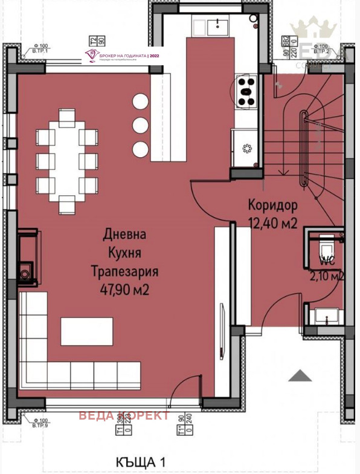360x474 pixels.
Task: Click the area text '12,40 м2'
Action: pos(273,222)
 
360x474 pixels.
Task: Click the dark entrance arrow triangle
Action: pos(300,376)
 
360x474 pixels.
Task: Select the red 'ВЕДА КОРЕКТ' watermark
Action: pos(124,416)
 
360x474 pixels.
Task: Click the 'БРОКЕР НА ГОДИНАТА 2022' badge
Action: pos(124,56)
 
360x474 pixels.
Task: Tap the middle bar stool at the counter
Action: pos(140,125)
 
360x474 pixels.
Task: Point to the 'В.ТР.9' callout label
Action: pos(41,424)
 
